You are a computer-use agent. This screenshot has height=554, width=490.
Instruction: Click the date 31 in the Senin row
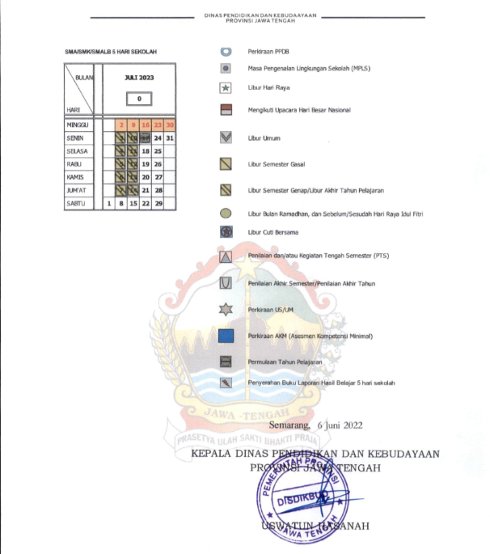pos(171,138)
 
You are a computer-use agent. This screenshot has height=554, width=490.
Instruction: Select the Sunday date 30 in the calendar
pos(171,125)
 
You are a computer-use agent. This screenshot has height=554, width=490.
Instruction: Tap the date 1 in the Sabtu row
pos(108,204)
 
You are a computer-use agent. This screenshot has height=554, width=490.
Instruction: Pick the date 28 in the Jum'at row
pos(158,190)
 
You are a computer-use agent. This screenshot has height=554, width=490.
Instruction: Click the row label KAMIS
pos(76,177)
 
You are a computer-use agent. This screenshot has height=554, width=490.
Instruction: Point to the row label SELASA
pos(78,151)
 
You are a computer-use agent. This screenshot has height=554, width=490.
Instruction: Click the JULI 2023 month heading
pos(139,78)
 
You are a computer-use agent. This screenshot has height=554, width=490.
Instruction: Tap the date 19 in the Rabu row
pos(146,164)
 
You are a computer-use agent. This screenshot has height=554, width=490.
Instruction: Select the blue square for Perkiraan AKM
pos(226,335)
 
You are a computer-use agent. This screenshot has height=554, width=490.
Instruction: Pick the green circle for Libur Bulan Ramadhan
pos(226,214)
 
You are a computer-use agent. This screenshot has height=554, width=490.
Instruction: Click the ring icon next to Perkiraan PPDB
pos(226,51)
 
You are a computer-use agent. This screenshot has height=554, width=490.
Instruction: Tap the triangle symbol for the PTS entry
pos(226,257)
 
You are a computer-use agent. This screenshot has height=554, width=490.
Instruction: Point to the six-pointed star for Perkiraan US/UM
pos(226,309)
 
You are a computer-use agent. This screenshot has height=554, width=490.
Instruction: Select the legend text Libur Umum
pos(263,139)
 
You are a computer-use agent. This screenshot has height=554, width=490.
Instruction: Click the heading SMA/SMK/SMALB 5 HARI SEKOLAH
pos(110,52)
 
